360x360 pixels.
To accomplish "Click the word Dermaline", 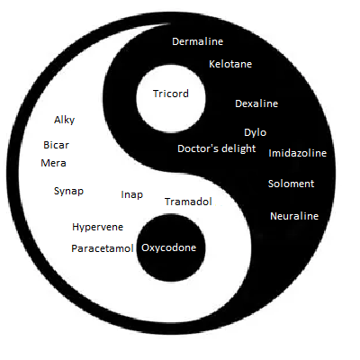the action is (198, 41).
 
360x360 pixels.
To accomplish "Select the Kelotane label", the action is (230, 64).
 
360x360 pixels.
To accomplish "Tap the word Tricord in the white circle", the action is (171, 94).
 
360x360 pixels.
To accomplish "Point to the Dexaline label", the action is (256, 103).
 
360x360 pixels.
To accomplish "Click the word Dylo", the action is (255, 132).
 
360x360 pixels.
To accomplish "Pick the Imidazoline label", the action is (297, 153).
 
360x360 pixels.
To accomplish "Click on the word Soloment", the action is (291, 184).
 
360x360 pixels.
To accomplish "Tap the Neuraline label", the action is (294, 216).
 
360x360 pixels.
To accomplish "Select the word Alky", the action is (64, 121).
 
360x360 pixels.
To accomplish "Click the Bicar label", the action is (56, 145).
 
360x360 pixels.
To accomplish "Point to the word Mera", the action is (53, 163).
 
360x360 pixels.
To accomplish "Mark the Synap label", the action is (68, 192).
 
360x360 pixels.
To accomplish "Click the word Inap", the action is (132, 195).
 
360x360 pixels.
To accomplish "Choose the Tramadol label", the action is (188, 202).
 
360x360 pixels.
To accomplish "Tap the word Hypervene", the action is (97, 227).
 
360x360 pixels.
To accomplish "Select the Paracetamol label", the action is (103, 248).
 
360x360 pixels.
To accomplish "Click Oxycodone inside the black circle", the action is (169, 247).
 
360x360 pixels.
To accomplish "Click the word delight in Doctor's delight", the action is (238, 149).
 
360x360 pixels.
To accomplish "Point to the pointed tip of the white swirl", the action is (170, 24).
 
